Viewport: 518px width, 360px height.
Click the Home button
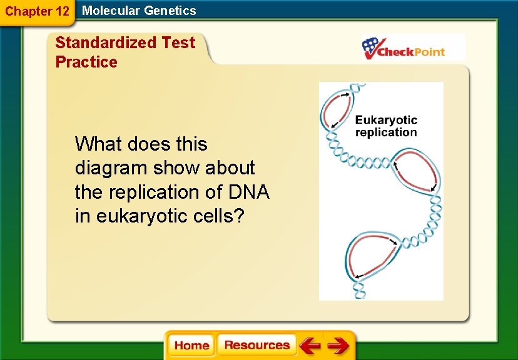pyautogui.click(x=191, y=346)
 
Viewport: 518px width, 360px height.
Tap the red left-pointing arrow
pyautogui.click(x=309, y=346)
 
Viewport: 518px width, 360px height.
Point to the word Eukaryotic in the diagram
pyautogui.click(x=386, y=120)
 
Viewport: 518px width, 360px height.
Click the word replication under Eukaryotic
pyautogui.click(x=386, y=132)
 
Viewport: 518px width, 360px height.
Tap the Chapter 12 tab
pyautogui.click(x=37, y=11)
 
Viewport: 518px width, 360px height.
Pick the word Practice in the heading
pyautogui.click(x=86, y=62)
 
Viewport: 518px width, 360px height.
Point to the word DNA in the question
pyautogui.click(x=249, y=192)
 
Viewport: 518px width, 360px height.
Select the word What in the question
pyautogui.click(x=99, y=144)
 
